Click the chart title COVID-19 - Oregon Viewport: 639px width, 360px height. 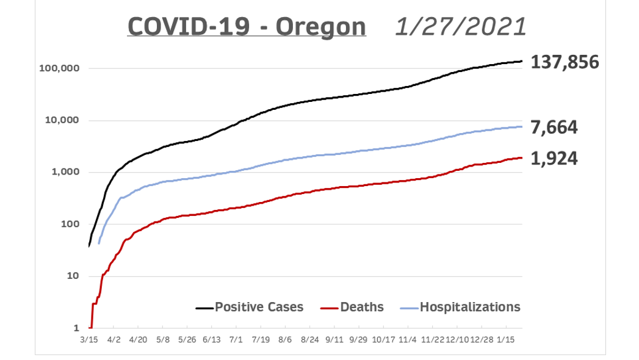tap(247, 27)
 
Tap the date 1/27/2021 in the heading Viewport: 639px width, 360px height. tap(460, 27)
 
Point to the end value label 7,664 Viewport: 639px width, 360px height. tap(554, 128)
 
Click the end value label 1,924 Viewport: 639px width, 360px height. tap(554, 159)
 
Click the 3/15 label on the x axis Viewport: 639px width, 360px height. tap(89, 338)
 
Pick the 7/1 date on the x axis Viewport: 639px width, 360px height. tap(236, 338)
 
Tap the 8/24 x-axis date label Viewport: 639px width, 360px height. tap(309, 338)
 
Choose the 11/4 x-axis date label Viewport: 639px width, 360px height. tap(407, 338)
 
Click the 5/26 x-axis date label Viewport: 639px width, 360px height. tap(187, 338)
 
